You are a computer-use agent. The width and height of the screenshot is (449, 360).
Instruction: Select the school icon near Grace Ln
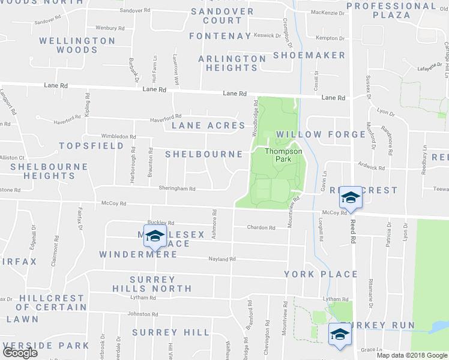pyautogui.click(x=339, y=334)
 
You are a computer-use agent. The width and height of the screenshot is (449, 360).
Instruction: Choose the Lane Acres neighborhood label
pyautogui.click(x=208, y=125)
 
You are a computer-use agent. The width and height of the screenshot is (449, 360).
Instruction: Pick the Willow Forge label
pyautogui.click(x=321, y=134)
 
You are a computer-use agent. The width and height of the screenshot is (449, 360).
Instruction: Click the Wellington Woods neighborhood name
pyautogui.click(x=77, y=46)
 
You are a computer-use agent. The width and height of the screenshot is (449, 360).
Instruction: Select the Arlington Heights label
pyautogui.click(x=232, y=64)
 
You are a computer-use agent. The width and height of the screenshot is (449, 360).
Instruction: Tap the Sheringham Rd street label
pyautogui.click(x=177, y=188)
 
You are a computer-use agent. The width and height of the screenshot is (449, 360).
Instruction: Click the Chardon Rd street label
pyautogui.click(x=261, y=228)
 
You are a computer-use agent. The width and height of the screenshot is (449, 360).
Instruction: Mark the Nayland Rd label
pyautogui.click(x=222, y=259)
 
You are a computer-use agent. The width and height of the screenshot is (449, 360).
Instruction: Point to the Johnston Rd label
pyautogui.click(x=142, y=314)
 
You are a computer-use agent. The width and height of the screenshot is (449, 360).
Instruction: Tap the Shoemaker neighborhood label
pyautogui.click(x=309, y=55)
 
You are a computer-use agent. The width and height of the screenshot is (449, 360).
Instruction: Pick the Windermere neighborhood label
pyautogui.click(x=138, y=254)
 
